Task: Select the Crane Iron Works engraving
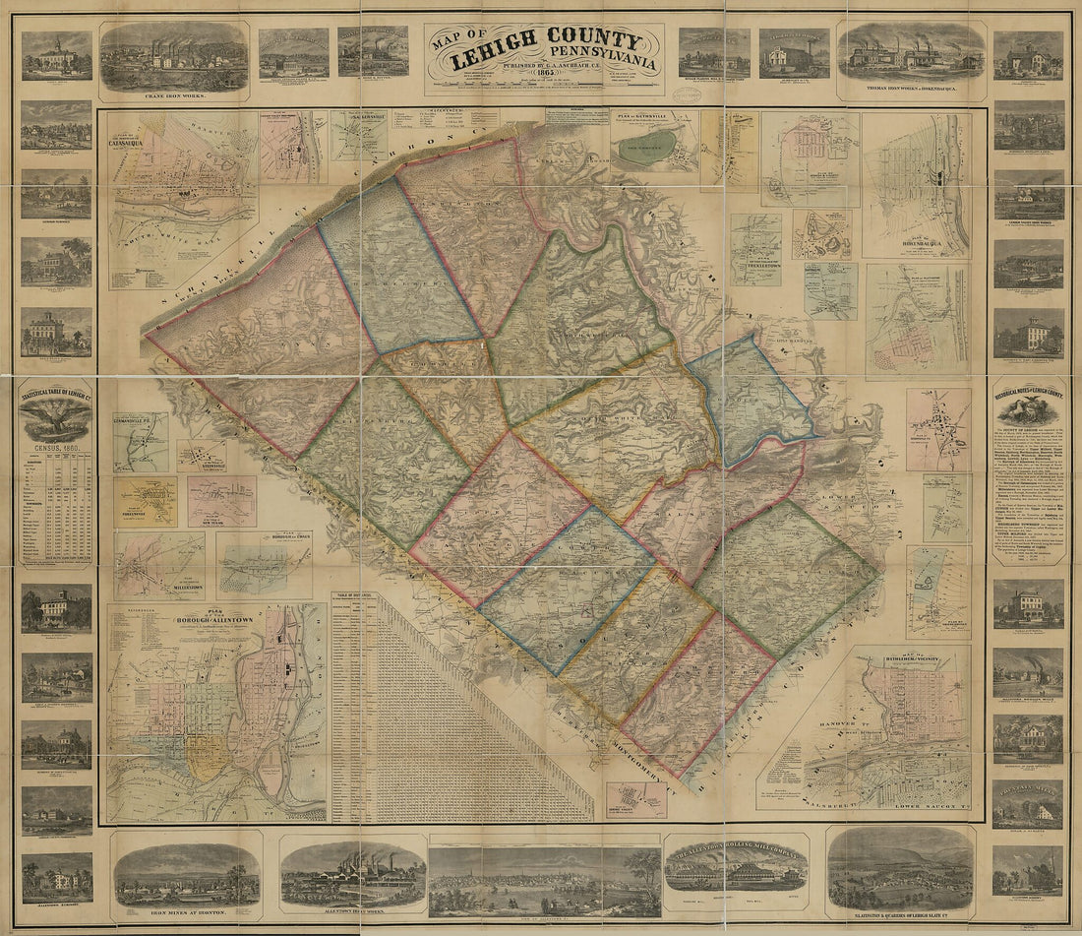tap(173, 56)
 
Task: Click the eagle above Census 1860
tap(56, 421)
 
